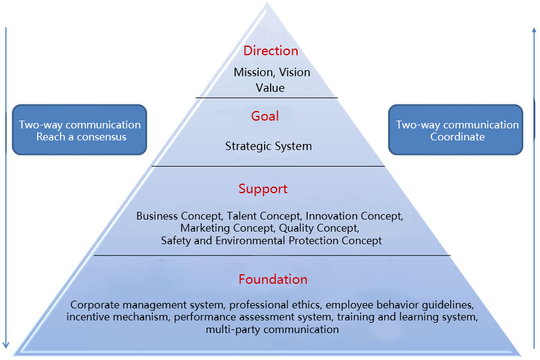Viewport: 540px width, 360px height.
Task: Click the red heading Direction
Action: coord(271,51)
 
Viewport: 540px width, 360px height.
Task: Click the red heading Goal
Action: coord(265,116)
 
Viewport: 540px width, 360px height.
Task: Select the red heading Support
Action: coord(263,189)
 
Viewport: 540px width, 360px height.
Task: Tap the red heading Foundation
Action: coord(273,280)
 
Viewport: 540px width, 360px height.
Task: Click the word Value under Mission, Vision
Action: coord(271,88)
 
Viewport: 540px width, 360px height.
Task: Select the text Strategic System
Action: coord(268,146)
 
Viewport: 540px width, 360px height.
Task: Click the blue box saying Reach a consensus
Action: coord(80,130)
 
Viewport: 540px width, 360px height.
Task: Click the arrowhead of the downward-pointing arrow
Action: coord(6,344)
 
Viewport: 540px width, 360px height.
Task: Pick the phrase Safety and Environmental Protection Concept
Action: coord(271,241)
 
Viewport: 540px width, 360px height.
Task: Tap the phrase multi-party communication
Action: coord(272,329)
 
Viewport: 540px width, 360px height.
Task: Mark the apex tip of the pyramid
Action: coord(266,4)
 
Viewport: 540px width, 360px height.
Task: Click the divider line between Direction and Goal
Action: coord(266,97)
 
